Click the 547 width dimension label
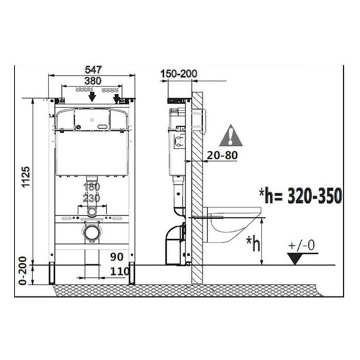(93, 69)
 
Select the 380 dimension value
(93, 81)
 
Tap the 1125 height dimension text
(26, 177)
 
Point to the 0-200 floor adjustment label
(23, 271)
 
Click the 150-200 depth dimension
(179, 74)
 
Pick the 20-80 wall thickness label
(222, 155)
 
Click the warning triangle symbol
(231, 136)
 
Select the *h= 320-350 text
(301, 196)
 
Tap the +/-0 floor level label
(302, 245)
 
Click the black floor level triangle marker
(295, 258)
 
